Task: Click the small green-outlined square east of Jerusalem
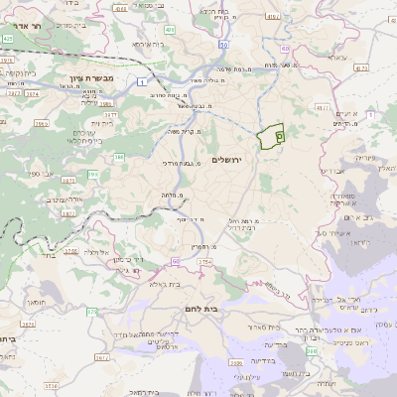279,134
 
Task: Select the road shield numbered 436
170,31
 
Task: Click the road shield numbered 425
8,38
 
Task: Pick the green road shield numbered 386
119,157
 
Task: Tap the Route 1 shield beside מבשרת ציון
143,81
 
